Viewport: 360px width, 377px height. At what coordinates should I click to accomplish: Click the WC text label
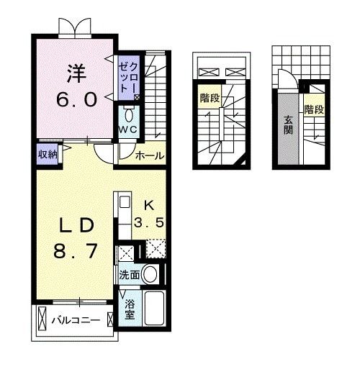click(128, 130)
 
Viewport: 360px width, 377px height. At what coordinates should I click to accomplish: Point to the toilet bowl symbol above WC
click(129, 114)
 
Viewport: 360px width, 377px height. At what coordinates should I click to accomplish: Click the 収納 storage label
click(48, 153)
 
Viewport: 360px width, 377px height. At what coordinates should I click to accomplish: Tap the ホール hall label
click(149, 155)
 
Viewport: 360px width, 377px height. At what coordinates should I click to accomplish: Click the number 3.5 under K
click(152, 222)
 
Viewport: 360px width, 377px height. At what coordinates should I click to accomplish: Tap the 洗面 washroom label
click(129, 274)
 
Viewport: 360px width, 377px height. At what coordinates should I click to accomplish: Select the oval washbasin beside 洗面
click(150, 274)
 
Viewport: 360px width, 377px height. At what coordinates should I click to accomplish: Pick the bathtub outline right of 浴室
click(155, 309)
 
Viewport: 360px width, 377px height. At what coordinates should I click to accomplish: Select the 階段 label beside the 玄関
click(313, 110)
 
